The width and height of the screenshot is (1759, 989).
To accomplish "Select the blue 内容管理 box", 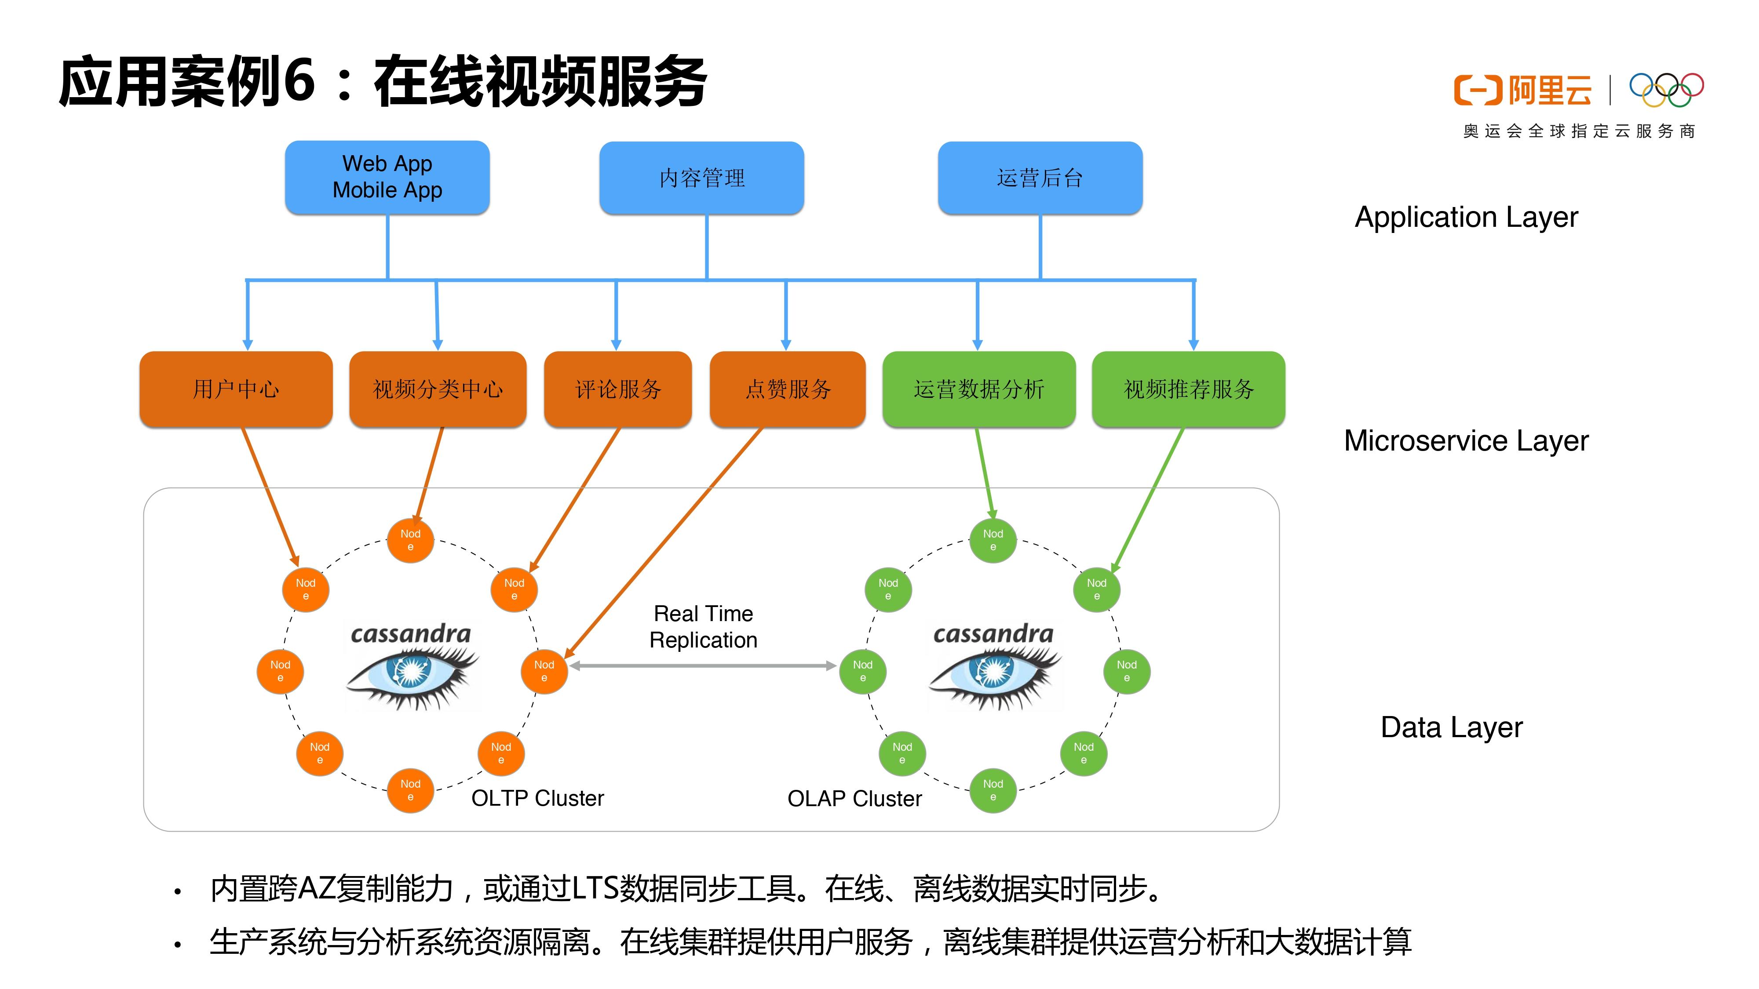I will click(701, 178).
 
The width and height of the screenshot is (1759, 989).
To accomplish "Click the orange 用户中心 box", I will click(236, 389).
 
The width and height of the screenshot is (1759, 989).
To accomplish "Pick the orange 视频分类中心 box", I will click(438, 389).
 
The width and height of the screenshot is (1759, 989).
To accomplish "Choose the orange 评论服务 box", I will click(617, 389).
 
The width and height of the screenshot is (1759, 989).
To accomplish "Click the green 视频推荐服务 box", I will click(1188, 389).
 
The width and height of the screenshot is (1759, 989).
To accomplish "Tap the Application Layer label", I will click(1466, 217).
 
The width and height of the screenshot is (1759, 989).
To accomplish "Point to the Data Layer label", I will click(1451, 727).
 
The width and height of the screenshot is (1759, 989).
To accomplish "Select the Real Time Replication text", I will click(703, 626).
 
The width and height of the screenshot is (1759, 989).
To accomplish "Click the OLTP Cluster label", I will click(537, 798).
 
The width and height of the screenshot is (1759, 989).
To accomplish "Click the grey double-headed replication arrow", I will click(703, 665).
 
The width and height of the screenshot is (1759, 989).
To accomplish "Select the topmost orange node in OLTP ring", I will click(410, 540).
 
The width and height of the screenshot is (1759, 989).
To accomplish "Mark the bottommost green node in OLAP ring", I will click(993, 790).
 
